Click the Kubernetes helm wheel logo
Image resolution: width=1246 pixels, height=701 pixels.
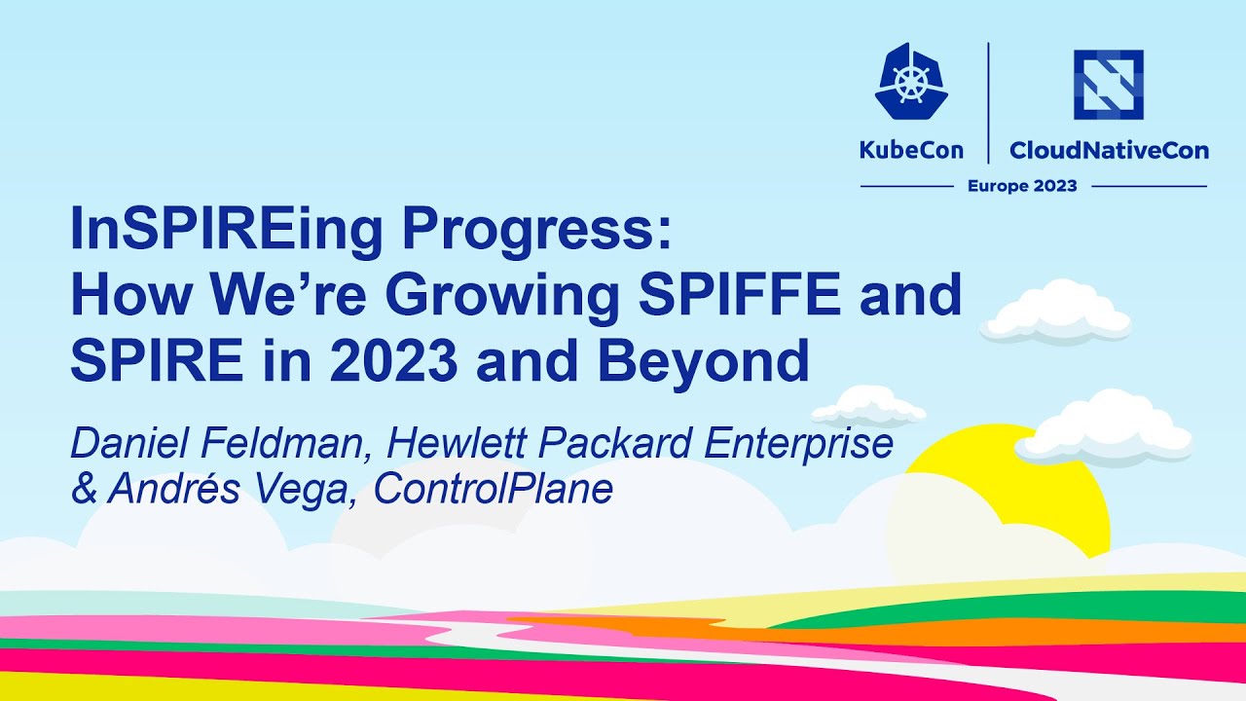coord(911,83)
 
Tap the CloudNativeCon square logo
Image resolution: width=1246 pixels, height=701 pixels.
coord(1108,85)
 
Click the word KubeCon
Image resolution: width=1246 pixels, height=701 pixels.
coord(911,150)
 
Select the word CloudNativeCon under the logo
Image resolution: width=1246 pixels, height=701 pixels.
coord(1109,150)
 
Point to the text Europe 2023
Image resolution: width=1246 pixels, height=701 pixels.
coord(1021,186)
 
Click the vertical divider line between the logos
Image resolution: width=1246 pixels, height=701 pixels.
coord(988,102)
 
